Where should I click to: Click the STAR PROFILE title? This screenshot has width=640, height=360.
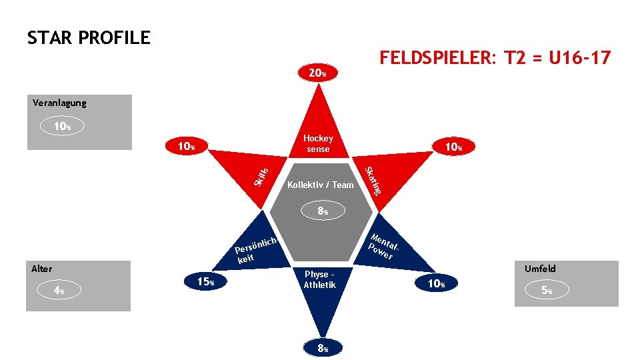point(89,38)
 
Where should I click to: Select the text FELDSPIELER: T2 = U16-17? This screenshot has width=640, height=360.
point(494,59)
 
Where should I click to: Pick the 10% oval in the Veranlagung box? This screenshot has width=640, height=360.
point(60,126)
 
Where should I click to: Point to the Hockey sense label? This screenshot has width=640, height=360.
point(318,143)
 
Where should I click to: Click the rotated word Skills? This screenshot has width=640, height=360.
point(262,172)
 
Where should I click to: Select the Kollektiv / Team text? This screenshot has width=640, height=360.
point(320,185)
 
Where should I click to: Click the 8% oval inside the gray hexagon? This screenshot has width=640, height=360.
point(323,212)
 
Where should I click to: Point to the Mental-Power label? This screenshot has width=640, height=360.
point(386,246)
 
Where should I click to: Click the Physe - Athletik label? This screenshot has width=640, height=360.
point(319,279)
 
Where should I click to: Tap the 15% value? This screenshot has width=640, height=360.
point(205,282)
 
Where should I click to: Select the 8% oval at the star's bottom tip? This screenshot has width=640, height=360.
point(323,347)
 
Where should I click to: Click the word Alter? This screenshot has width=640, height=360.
point(41,269)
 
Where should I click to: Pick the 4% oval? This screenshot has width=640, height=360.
point(59,291)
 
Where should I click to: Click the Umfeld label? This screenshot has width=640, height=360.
point(540,269)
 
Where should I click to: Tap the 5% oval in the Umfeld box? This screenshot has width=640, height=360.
point(546,291)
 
